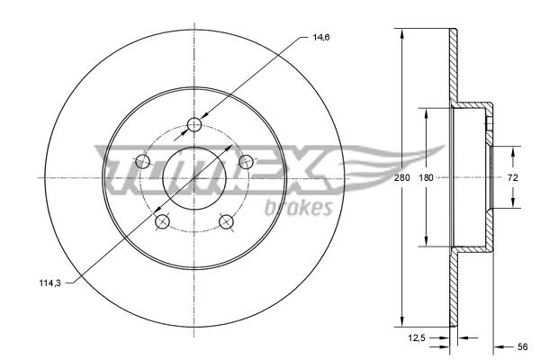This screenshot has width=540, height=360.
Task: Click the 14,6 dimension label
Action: tap(321, 37)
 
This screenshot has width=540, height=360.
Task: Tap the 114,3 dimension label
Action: tap(49, 283)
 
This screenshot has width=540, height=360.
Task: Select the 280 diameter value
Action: tap(402, 178)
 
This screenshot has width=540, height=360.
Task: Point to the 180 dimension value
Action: tap(426, 178)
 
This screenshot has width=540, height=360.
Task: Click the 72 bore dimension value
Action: tap(513, 178)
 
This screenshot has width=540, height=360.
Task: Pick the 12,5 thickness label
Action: tap(417, 338)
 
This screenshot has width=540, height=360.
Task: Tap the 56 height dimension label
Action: tap(522, 346)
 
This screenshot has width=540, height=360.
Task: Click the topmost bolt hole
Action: tap(194, 124)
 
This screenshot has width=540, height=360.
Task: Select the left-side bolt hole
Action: tap(143, 161)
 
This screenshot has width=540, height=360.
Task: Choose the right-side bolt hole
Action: tap(247, 162)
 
